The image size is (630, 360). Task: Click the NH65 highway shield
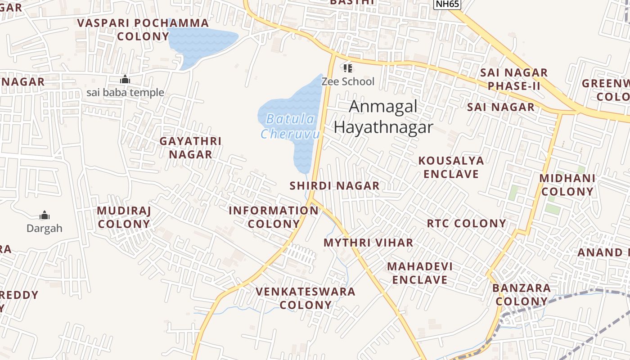pyautogui.click(x=447, y=4)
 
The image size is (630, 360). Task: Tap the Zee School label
pyautogui.click(x=347, y=81)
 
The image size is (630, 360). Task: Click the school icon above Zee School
pyautogui.click(x=347, y=68)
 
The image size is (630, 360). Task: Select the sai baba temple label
pyautogui.click(x=125, y=93)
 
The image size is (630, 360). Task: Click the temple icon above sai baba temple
pyautogui.click(x=125, y=80)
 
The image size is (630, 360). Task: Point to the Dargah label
pyautogui.click(x=44, y=228)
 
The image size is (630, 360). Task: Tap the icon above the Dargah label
pyautogui.click(x=44, y=215)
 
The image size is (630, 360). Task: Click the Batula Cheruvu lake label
pyautogui.click(x=290, y=126)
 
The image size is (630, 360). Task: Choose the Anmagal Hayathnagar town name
pyautogui.click(x=383, y=117)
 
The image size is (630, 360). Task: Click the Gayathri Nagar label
pyautogui.click(x=190, y=148)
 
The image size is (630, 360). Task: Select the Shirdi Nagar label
pyautogui.click(x=334, y=185)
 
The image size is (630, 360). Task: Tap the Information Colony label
pyautogui.click(x=274, y=217)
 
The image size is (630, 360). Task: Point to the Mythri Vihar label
pyautogui.click(x=368, y=243)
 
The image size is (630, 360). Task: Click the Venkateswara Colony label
pyautogui.click(x=306, y=298)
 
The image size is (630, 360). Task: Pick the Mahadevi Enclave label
pyautogui.click(x=420, y=273)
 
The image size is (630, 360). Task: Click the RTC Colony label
pyautogui.click(x=466, y=224)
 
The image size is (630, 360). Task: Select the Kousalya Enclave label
pyautogui.click(x=451, y=167)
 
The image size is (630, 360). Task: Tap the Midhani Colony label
pyautogui.click(x=567, y=185)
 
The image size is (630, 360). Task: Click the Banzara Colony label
pyautogui.click(x=522, y=295)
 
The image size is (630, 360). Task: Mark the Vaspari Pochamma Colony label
pyautogui.click(x=143, y=30)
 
